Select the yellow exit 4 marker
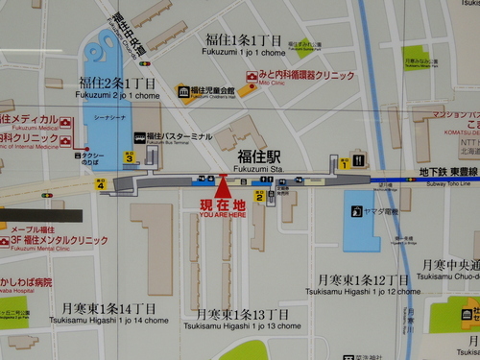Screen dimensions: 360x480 [101, 185]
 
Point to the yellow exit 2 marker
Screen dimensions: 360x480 [258, 196]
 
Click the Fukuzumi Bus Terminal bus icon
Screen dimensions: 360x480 [139, 137]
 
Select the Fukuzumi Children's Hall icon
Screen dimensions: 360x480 [183, 92]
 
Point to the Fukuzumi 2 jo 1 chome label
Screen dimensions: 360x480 [119, 89]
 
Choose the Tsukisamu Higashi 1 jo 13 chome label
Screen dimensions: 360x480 [242, 320]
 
